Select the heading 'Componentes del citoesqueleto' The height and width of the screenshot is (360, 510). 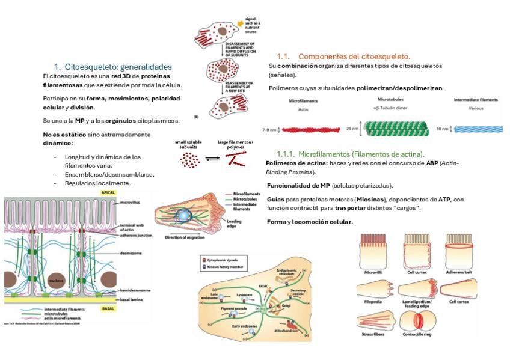point(354,56)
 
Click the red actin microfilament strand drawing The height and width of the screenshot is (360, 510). point(307,129)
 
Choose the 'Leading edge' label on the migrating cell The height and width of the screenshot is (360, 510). point(235,223)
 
